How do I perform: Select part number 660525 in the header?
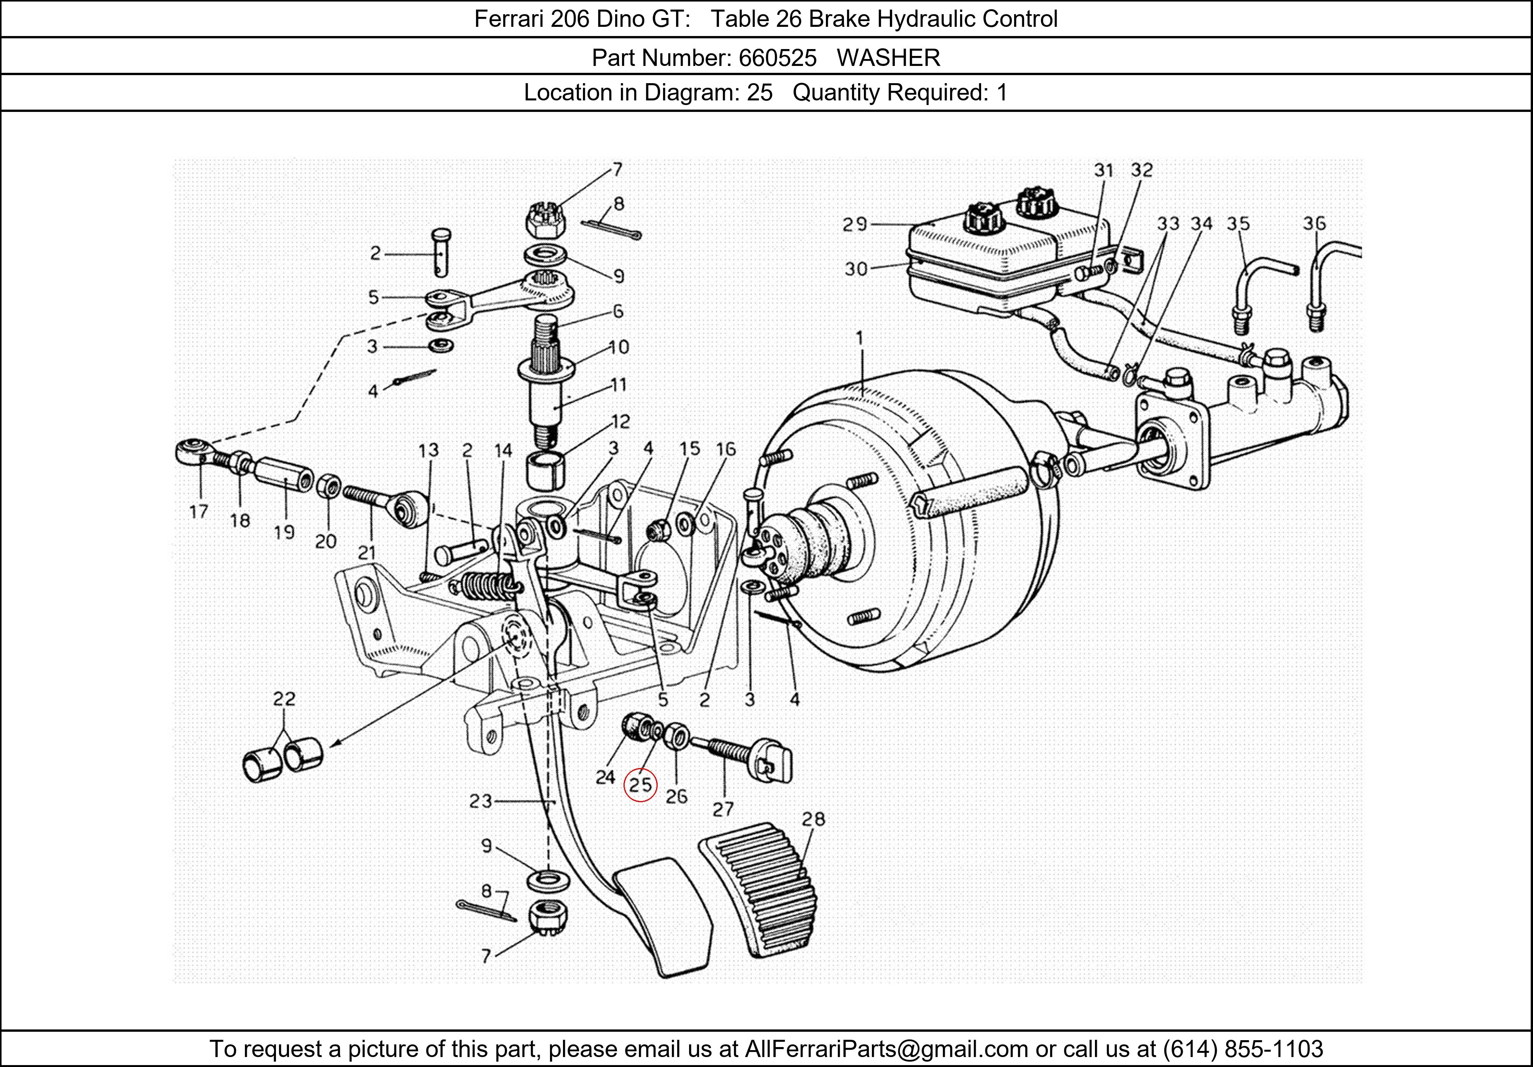click(777, 58)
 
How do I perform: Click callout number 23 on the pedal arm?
click(480, 801)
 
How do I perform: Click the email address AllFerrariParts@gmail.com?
click(886, 1049)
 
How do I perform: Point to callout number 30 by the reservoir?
click(855, 269)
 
